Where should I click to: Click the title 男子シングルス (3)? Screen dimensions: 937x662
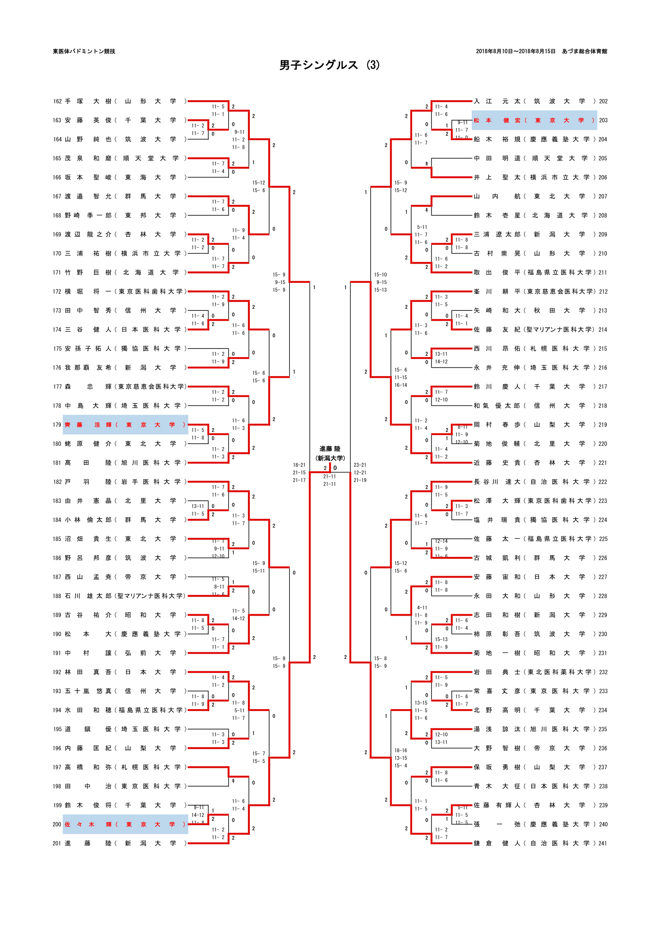click(x=329, y=65)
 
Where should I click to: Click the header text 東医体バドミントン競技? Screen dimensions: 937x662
click(x=84, y=51)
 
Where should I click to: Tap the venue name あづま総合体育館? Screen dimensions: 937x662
click(x=584, y=51)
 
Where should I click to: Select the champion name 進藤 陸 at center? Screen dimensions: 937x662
click(x=330, y=449)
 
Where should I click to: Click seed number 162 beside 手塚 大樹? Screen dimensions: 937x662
click(x=57, y=101)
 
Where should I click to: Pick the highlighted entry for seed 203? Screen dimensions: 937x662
click(x=534, y=121)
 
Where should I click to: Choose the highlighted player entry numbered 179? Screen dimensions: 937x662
click(x=125, y=425)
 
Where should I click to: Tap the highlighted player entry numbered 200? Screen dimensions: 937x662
click(x=125, y=824)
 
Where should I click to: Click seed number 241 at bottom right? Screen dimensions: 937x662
click(x=603, y=844)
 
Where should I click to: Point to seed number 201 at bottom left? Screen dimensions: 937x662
click(x=57, y=844)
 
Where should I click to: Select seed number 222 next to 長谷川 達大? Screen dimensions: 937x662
click(x=603, y=482)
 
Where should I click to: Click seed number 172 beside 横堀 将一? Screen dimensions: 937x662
click(x=57, y=292)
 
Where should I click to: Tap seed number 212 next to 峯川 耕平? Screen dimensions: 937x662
click(x=603, y=292)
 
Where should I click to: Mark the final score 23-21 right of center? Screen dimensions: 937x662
click(x=360, y=465)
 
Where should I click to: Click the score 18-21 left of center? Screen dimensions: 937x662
click(x=299, y=465)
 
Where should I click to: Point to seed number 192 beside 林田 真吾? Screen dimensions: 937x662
click(x=57, y=672)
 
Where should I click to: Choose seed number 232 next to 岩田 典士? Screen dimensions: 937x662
click(x=603, y=672)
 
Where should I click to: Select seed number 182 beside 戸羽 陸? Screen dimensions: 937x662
click(x=57, y=482)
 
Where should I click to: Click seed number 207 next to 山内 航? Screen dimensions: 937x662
click(x=603, y=196)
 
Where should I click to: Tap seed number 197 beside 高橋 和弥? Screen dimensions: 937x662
click(x=57, y=767)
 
